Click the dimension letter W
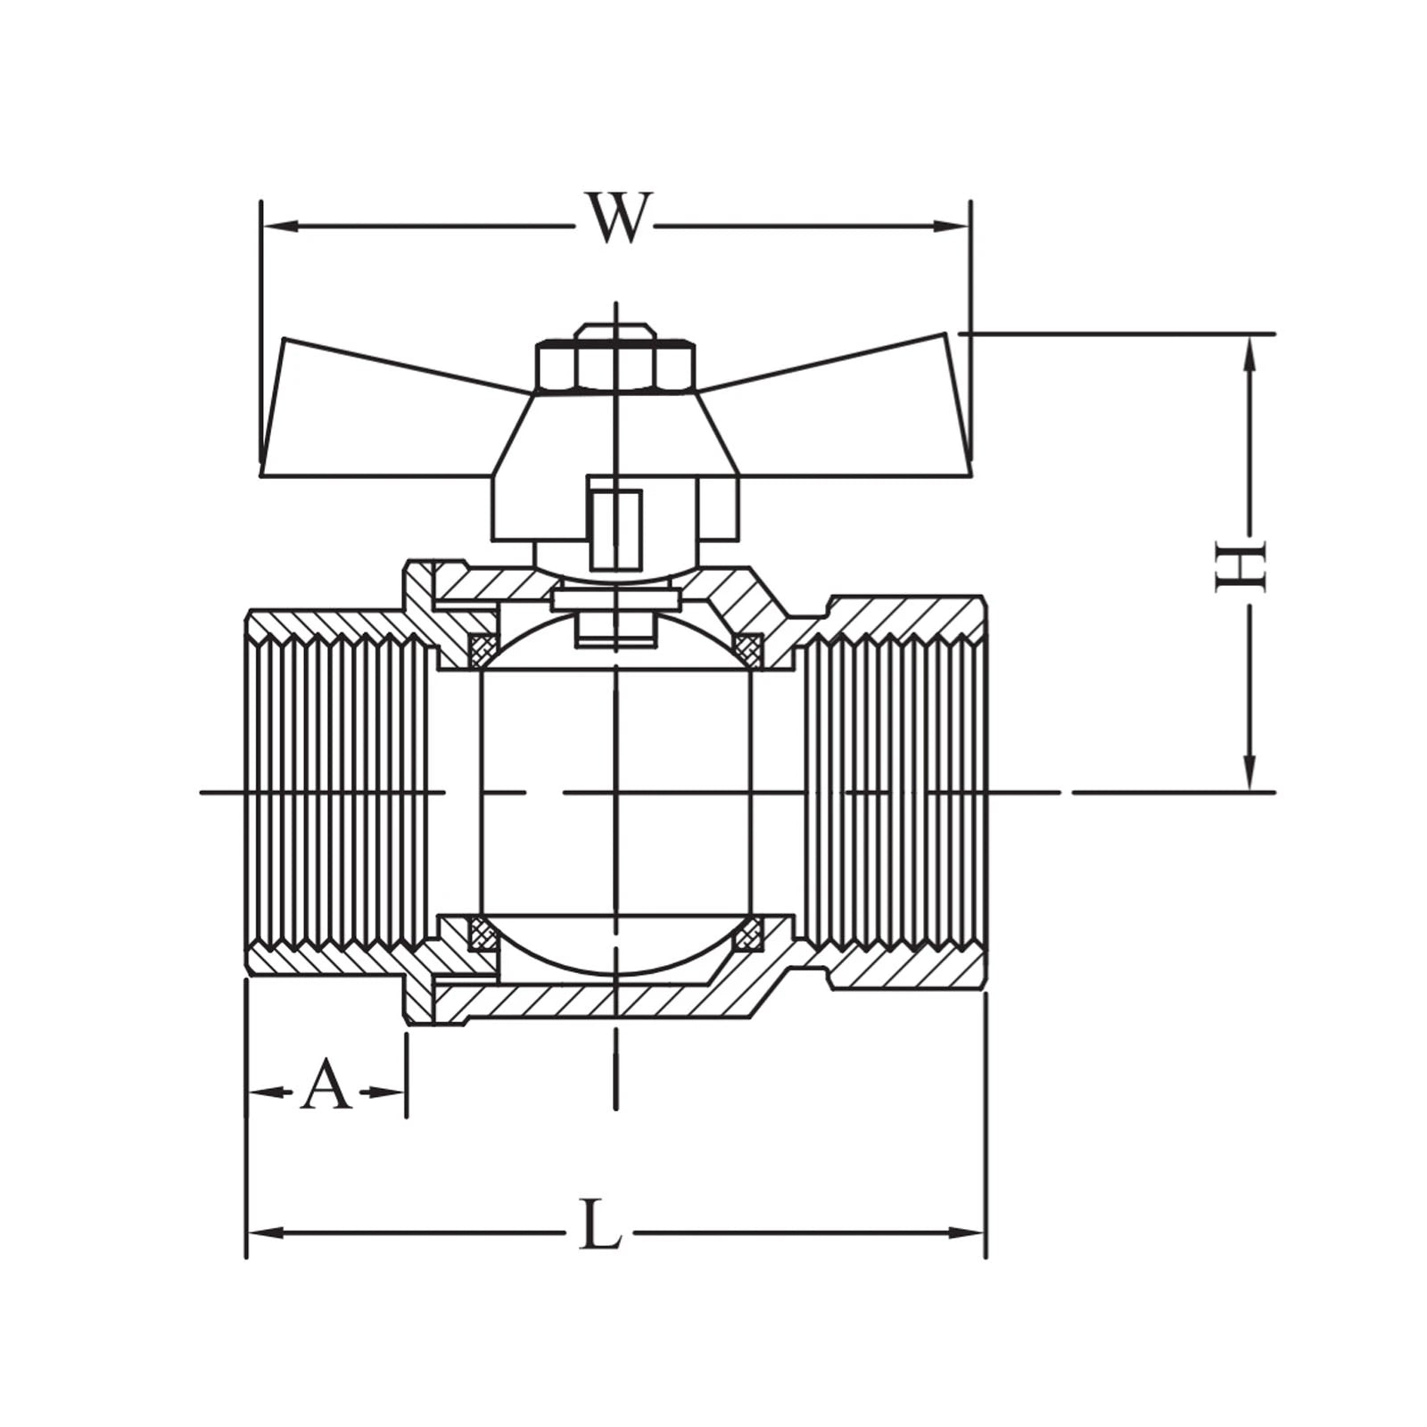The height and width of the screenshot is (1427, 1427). pos(615,218)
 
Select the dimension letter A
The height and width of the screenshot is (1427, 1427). pos(326,1085)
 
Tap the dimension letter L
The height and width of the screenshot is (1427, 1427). pos(599,1225)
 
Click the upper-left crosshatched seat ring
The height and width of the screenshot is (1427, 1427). pos(483,648)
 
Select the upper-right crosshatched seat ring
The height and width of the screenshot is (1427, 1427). pos(748,648)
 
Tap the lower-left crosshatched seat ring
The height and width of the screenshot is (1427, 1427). pos(483,934)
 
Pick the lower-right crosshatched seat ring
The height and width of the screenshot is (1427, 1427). pos(748,934)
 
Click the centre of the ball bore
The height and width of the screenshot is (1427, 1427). pos(615,791)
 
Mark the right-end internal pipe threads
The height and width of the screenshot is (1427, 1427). pos(892,791)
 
